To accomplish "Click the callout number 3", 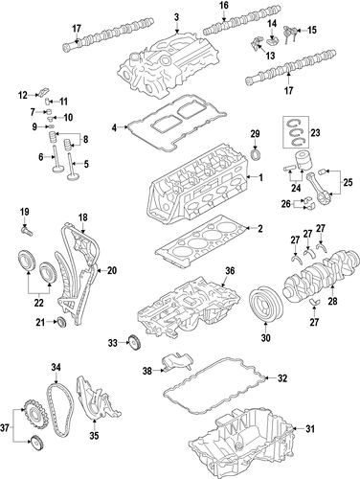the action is point(176,17).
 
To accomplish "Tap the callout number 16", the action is point(224,5).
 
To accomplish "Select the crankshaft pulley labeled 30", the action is point(265,303).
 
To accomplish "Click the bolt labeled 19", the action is point(26,231).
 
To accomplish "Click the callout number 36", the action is point(230,271).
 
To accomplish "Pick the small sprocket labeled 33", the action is point(135,343).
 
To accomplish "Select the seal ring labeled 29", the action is point(256,154).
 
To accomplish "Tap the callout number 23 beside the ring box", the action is point(315,132).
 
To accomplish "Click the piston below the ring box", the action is point(302,161).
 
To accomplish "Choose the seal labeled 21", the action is point(61,323).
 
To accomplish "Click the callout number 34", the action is point(56,368).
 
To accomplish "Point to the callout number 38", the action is point(147,371).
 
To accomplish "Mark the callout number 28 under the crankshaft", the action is point(332,301).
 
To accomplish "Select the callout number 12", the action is point(23,95).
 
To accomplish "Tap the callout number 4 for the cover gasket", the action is point(114,128).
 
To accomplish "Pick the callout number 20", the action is point(112,270).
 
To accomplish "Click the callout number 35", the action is point(94,435).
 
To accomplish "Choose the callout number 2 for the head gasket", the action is point(260,229).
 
